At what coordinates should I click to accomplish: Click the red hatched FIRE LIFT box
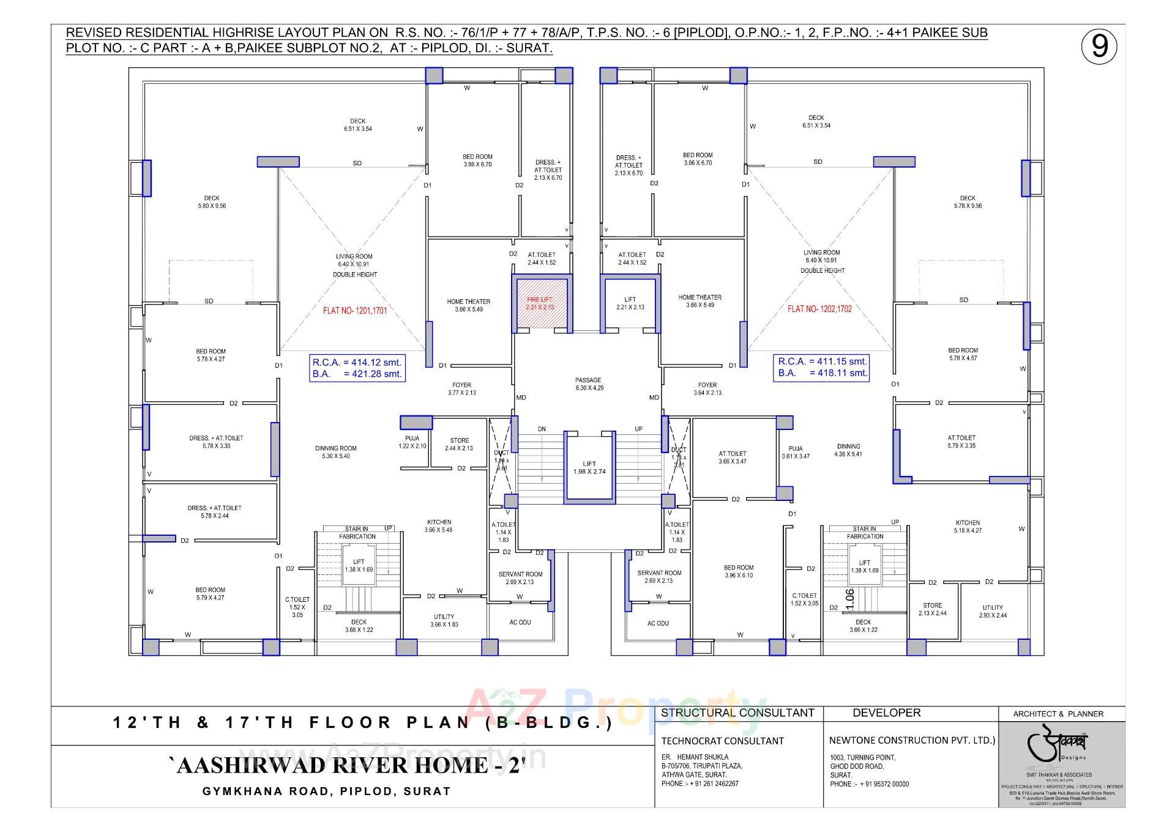[x=541, y=303]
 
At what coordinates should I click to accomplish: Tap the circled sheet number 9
[x=1099, y=46]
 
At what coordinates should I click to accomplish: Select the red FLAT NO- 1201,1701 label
[x=355, y=311]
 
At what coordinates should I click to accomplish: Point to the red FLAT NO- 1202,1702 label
[x=819, y=309]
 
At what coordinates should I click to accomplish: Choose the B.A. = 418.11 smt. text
[x=822, y=372]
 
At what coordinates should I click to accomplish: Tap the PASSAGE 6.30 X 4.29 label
[x=589, y=384]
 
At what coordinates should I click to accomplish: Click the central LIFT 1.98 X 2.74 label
[x=589, y=468]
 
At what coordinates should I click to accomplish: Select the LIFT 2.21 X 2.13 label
[x=630, y=303]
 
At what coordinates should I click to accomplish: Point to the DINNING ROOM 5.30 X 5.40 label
[x=335, y=452]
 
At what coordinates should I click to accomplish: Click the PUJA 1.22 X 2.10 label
[x=412, y=442]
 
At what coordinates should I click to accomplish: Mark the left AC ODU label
[x=520, y=622]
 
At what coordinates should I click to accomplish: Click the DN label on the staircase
[x=542, y=429]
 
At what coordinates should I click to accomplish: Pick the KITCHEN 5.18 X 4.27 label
[x=968, y=527]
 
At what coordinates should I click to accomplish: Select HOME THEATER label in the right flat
[x=699, y=301]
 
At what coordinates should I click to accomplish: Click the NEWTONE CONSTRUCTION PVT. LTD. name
[x=912, y=740]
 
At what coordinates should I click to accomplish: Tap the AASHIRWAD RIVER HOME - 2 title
[x=347, y=766]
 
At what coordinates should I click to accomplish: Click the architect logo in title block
[x=1061, y=746]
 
